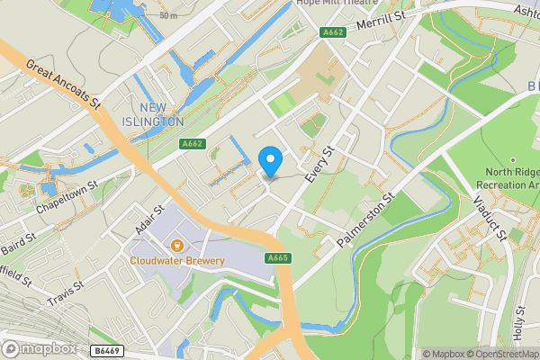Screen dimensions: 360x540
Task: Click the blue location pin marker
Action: point(270,160)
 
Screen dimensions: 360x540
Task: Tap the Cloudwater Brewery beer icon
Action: point(178,244)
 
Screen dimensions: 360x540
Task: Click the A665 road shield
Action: point(277,258)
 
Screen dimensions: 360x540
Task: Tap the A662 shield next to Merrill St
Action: point(332,32)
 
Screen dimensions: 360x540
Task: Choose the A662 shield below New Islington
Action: point(192,143)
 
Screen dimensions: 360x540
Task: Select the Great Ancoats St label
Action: point(63,86)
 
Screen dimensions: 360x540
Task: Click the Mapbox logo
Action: point(40,348)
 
